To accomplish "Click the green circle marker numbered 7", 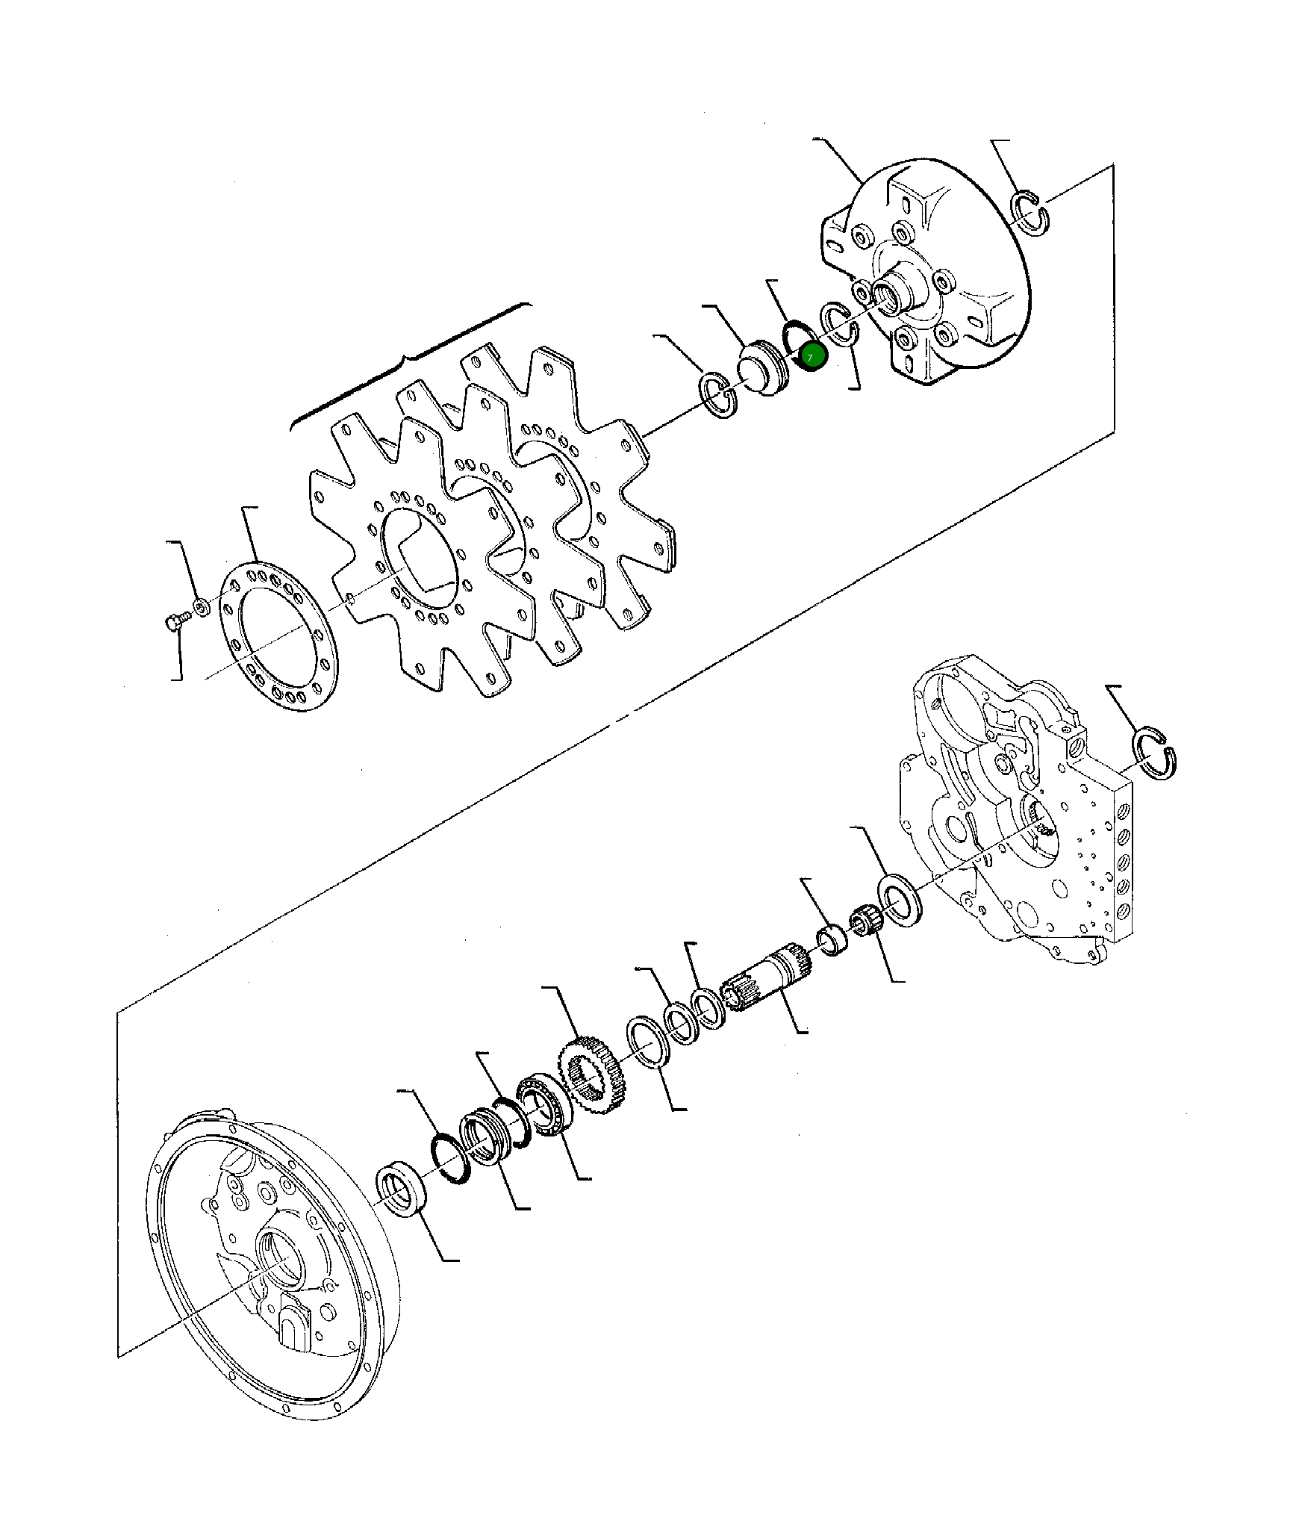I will pyautogui.click(x=811, y=358).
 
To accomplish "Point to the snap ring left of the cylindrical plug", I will pyautogui.click(x=717, y=397).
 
